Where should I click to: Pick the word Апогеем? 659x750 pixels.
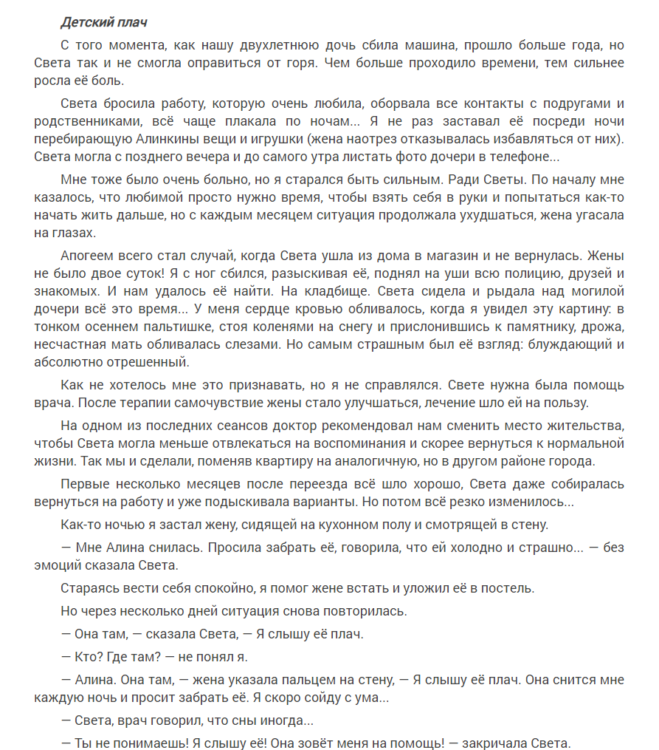point(91,256)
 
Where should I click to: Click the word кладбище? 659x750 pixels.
point(328,291)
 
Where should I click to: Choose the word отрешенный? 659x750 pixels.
point(148,362)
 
